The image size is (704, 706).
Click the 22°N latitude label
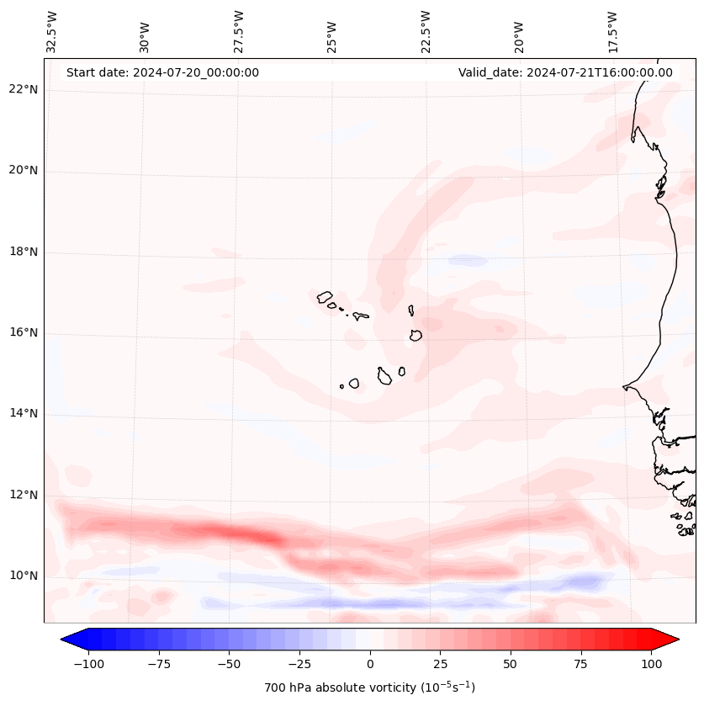[24, 90]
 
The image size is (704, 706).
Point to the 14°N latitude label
[24, 413]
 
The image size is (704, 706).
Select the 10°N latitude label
[24, 576]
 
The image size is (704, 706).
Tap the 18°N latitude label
[24, 252]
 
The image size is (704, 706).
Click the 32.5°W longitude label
[52, 31]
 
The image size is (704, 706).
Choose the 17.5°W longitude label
[612, 31]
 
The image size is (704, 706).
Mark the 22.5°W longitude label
[426, 31]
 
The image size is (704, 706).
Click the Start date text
[162, 72]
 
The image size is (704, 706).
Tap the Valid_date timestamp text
[565, 72]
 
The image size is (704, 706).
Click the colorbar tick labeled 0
[370, 664]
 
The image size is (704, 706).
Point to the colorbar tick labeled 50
[511, 664]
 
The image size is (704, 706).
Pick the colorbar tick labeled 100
[651, 664]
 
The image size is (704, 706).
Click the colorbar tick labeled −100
[88, 664]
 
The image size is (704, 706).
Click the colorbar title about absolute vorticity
[370, 687]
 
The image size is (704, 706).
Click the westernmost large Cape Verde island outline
[325, 297]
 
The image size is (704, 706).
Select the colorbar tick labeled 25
[440, 664]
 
